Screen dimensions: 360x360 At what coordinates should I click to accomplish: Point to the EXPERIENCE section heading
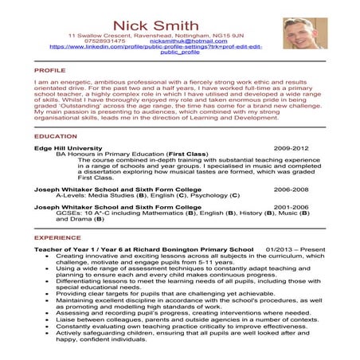coord(57,237)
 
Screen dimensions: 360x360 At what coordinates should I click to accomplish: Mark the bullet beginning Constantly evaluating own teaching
coord(158,326)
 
